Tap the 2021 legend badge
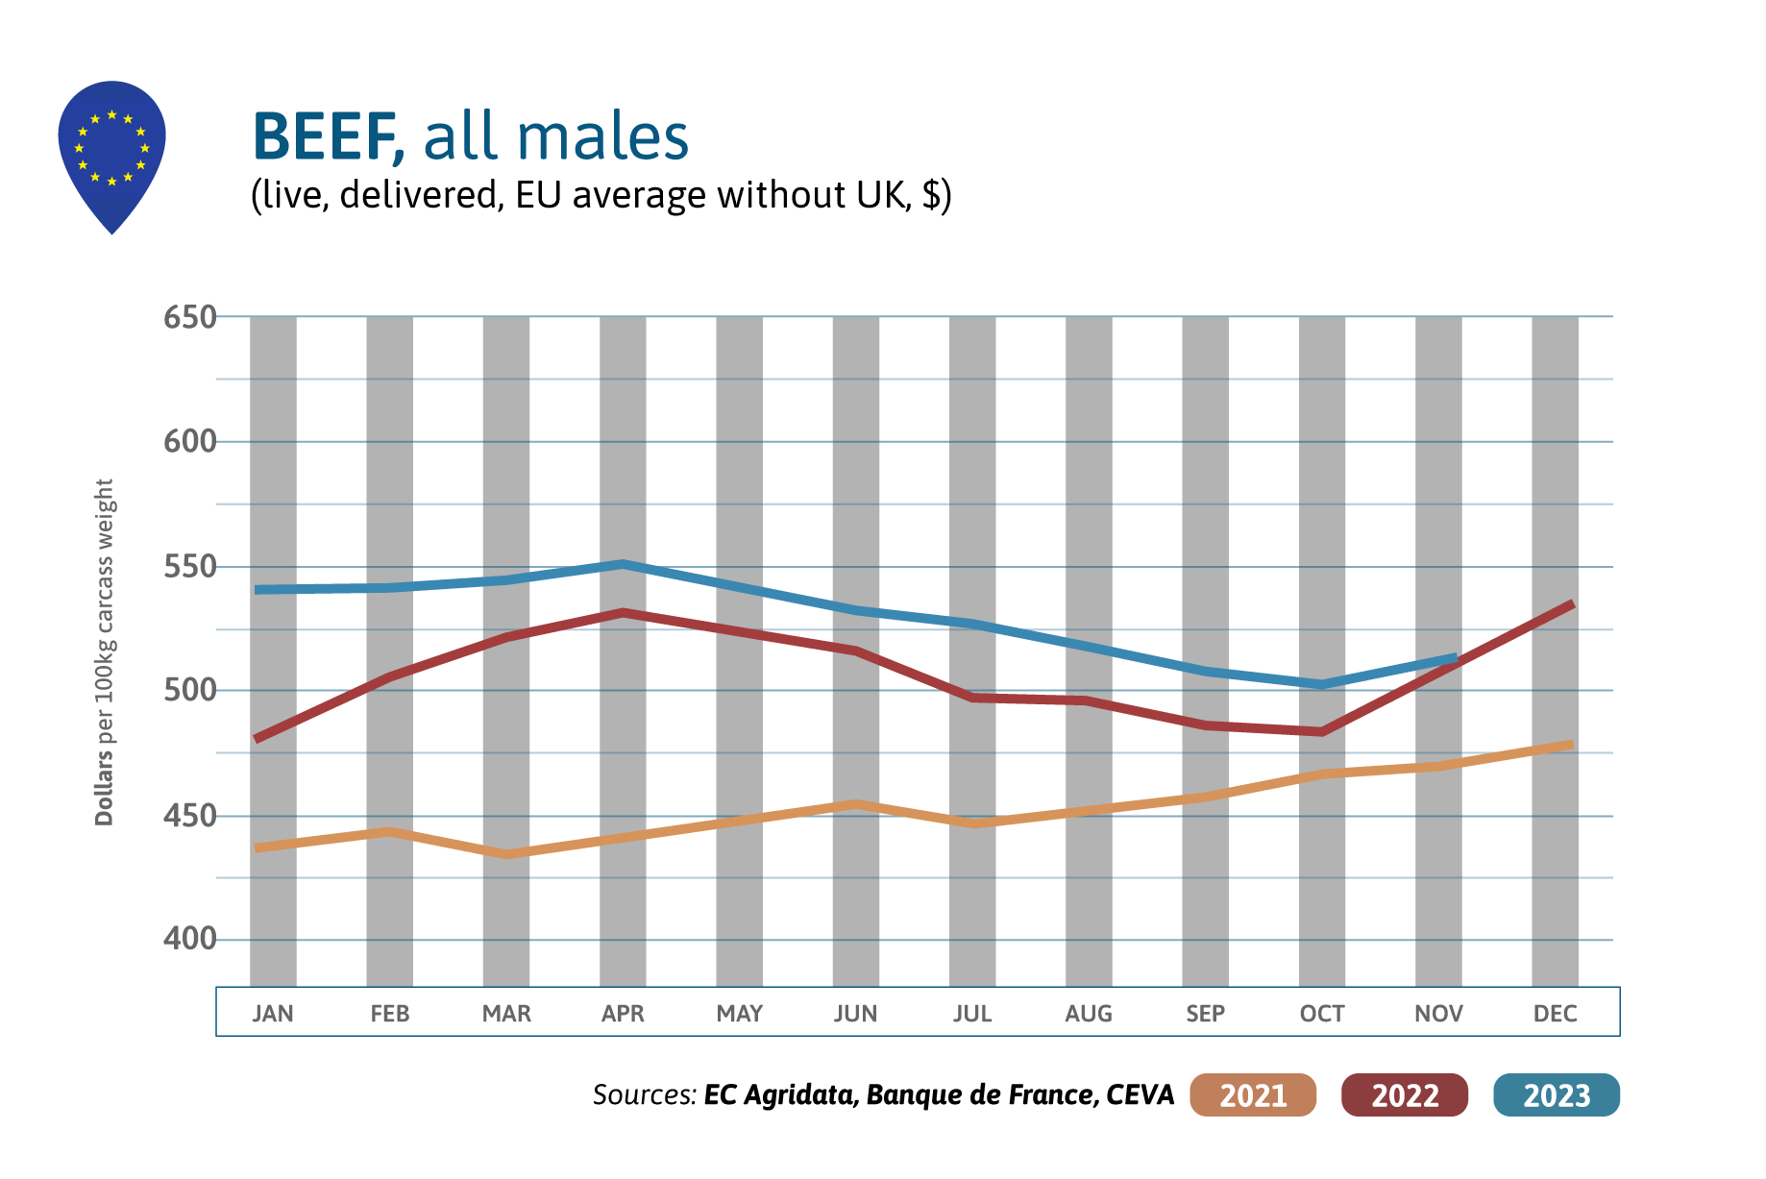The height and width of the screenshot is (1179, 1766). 1252,1095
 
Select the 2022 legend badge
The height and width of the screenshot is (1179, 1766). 1404,1095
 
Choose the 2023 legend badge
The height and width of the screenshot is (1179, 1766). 1556,1095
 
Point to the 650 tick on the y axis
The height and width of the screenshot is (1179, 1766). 189,317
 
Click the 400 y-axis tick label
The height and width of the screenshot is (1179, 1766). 189,939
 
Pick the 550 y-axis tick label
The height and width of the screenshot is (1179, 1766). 189,567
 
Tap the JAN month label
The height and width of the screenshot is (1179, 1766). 273,1014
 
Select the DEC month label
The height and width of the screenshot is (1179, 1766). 1555,1014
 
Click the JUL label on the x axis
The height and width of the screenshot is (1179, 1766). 972,1014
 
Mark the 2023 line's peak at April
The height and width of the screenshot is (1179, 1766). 623,564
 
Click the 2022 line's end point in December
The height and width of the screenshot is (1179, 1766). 1572,603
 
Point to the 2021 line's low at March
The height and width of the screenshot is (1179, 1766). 506,854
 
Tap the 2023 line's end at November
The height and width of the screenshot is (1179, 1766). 1456,658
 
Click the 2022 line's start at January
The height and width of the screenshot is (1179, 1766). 257,739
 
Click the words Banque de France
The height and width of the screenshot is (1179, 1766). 981,1095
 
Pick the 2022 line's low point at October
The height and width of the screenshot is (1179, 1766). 1322,732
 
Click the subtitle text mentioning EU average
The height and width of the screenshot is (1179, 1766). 601,195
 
